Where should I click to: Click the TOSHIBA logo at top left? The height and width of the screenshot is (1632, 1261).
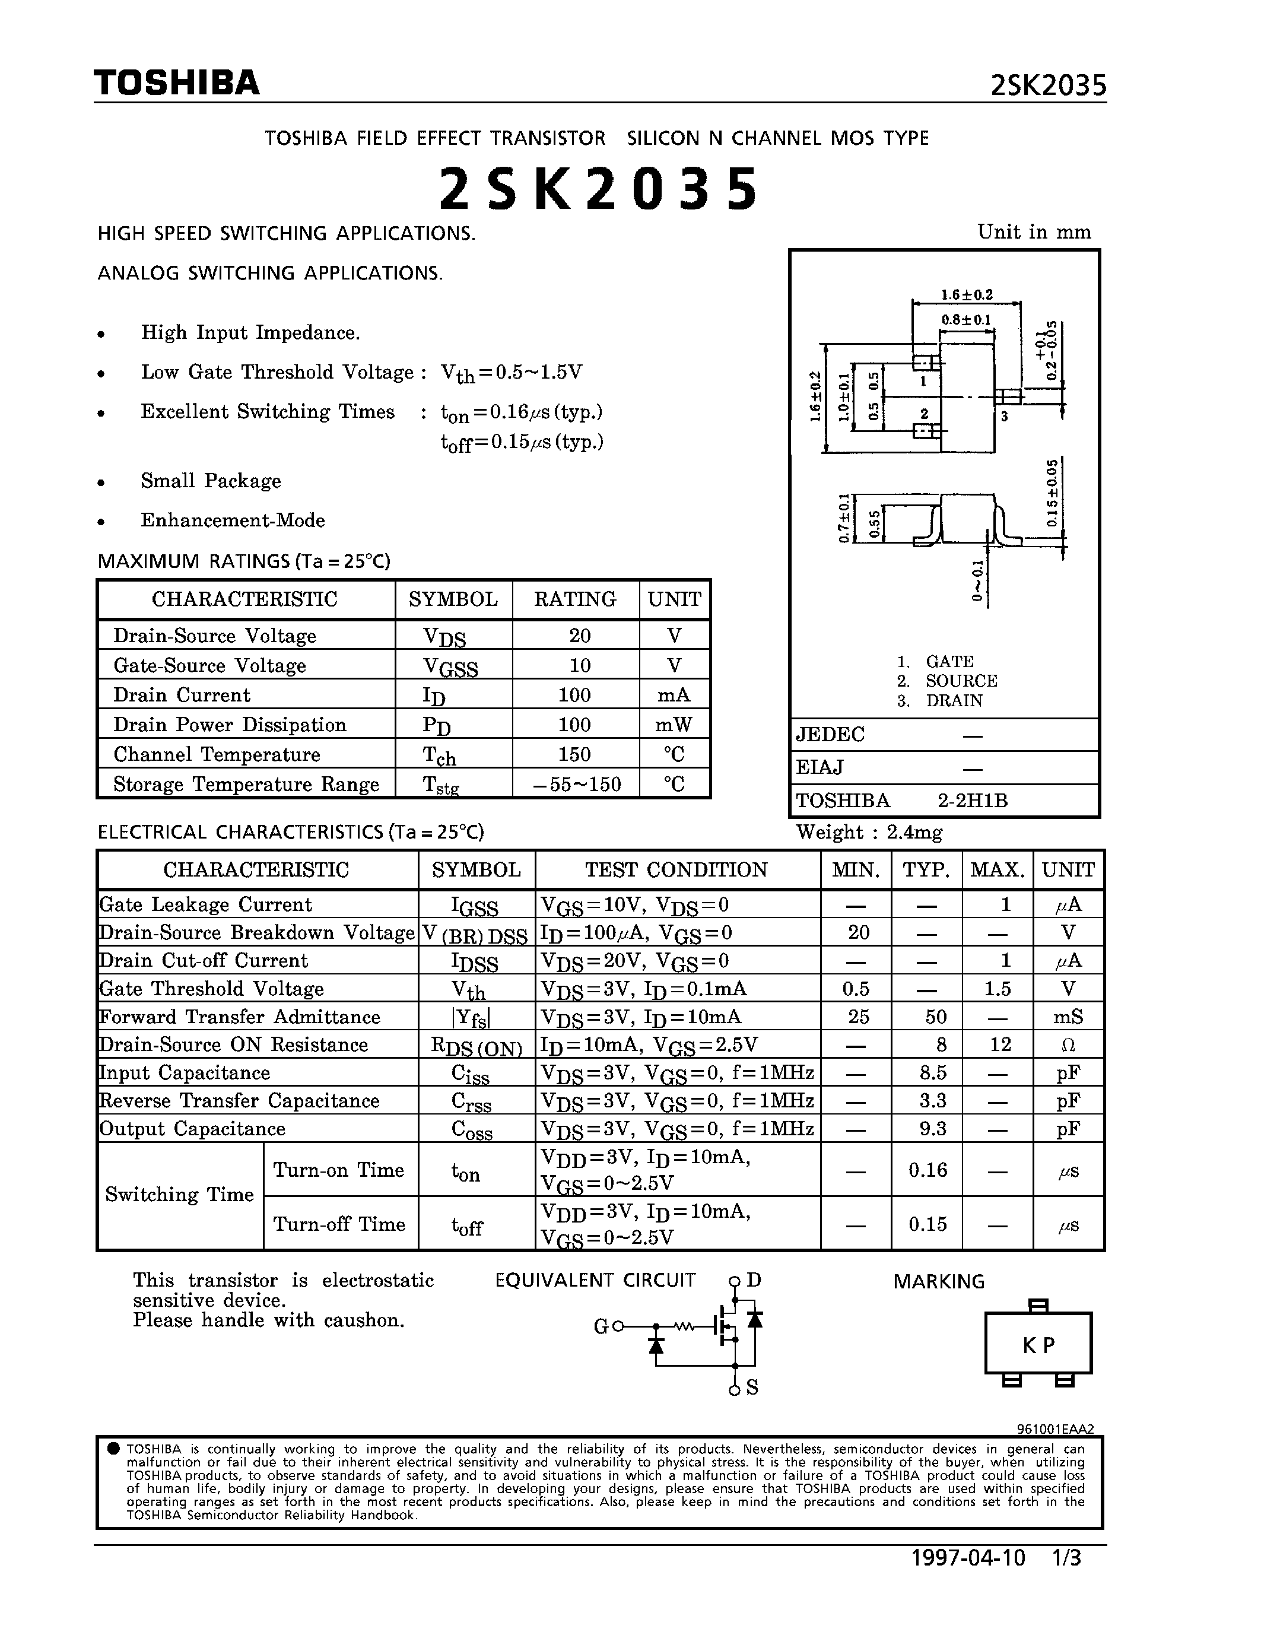click(176, 83)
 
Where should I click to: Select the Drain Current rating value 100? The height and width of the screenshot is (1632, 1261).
click(574, 695)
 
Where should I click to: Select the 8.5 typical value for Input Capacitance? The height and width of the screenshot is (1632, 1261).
click(933, 1073)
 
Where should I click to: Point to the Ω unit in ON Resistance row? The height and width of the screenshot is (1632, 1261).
click(1068, 1044)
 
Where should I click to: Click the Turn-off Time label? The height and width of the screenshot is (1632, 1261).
click(339, 1224)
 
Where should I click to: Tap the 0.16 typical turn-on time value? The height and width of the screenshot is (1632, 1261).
click(928, 1170)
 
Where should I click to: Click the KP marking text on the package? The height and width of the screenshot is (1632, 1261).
click(1038, 1345)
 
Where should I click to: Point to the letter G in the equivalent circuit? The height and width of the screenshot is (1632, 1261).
click(601, 1326)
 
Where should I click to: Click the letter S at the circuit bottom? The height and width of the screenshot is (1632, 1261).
click(752, 1387)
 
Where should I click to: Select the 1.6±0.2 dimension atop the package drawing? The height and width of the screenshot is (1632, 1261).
click(967, 295)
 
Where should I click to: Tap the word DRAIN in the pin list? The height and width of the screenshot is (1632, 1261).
click(954, 701)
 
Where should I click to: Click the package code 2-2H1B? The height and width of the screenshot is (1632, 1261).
click(973, 801)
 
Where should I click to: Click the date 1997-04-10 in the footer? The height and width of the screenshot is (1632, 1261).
click(968, 1558)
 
